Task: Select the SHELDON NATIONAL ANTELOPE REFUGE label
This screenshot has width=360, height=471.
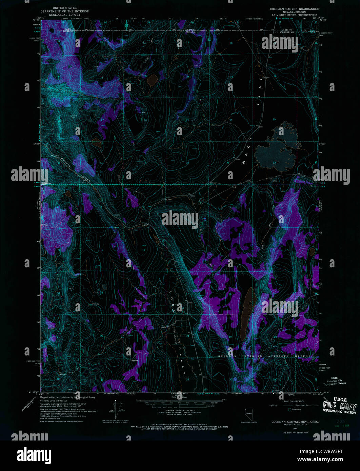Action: pos(264,356)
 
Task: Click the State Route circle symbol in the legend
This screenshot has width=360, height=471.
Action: pos(289,410)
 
